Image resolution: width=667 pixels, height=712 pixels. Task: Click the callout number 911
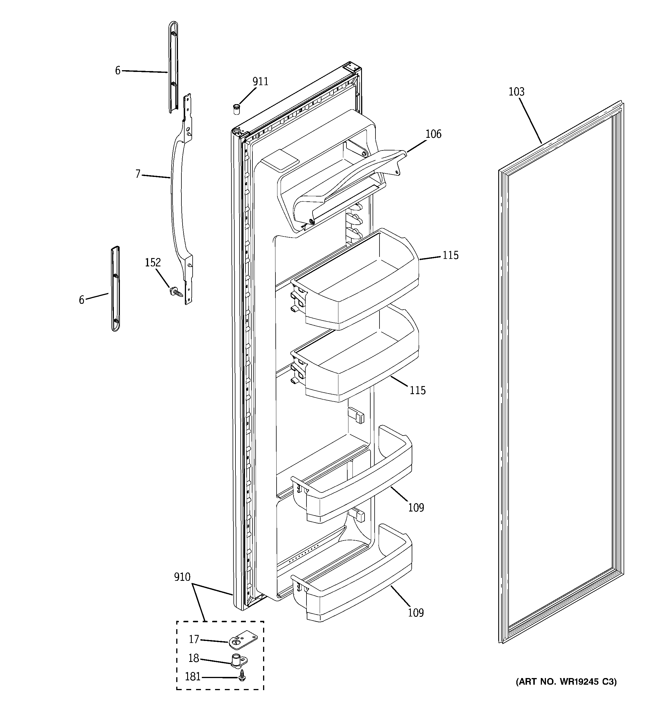click(260, 82)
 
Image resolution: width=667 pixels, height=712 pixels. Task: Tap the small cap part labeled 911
click(236, 108)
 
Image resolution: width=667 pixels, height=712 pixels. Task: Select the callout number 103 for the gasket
click(516, 92)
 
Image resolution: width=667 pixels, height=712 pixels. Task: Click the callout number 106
click(433, 134)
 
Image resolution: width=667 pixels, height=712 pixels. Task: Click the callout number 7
click(138, 174)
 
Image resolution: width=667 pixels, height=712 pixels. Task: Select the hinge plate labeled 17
click(243, 640)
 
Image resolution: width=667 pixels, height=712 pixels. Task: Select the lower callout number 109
click(416, 613)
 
